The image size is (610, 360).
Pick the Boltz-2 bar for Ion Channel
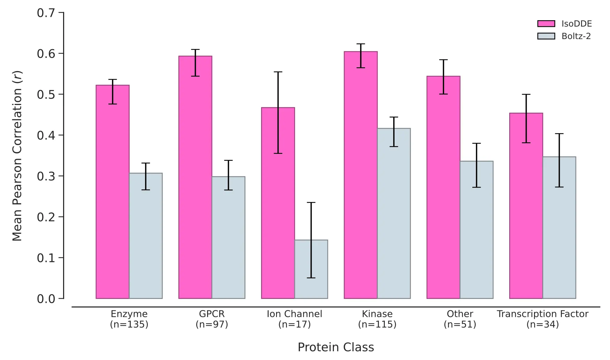pyautogui.click(x=311, y=269)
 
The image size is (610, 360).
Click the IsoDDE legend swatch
pyautogui.click(x=546, y=24)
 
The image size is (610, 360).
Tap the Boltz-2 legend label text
pyautogui.click(x=576, y=36)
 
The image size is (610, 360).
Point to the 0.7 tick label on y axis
pyautogui.click(x=46, y=13)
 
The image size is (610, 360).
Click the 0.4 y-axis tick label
pyautogui.click(x=46, y=135)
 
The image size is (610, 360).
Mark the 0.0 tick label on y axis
pyautogui.click(x=46, y=299)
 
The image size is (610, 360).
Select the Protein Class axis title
pyautogui.click(x=336, y=347)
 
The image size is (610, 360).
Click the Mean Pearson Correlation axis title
pyautogui.click(x=17, y=156)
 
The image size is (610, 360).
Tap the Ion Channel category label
pyautogui.click(x=295, y=314)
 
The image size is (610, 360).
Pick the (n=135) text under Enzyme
pyautogui.click(x=129, y=325)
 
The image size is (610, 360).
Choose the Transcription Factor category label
pyautogui.click(x=542, y=314)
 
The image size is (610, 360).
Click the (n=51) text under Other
pyautogui.click(x=460, y=325)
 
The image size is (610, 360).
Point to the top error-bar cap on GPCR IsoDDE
pyautogui.click(x=195, y=50)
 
